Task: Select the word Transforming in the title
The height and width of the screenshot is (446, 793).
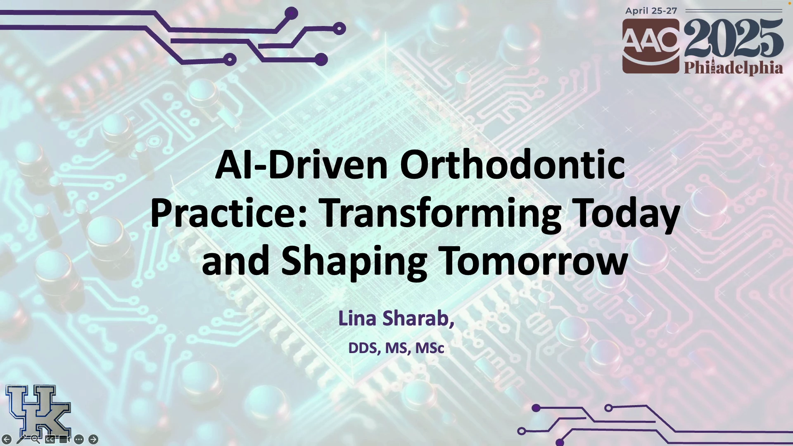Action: [441, 214]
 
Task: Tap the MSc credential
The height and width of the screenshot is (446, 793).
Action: [430, 348]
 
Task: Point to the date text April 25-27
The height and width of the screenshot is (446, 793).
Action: [651, 11]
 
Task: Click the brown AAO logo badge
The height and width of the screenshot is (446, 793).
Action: [651, 46]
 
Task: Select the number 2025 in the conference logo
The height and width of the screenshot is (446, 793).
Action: [734, 38]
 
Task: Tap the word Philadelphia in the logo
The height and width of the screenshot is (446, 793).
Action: [734, 68]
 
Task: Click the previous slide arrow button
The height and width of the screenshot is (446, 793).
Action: [7, 439]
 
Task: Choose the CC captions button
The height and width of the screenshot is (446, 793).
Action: [50, 439]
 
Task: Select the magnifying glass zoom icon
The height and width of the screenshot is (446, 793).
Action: [36, 439]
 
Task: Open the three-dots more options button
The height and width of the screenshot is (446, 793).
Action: [79, 439]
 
